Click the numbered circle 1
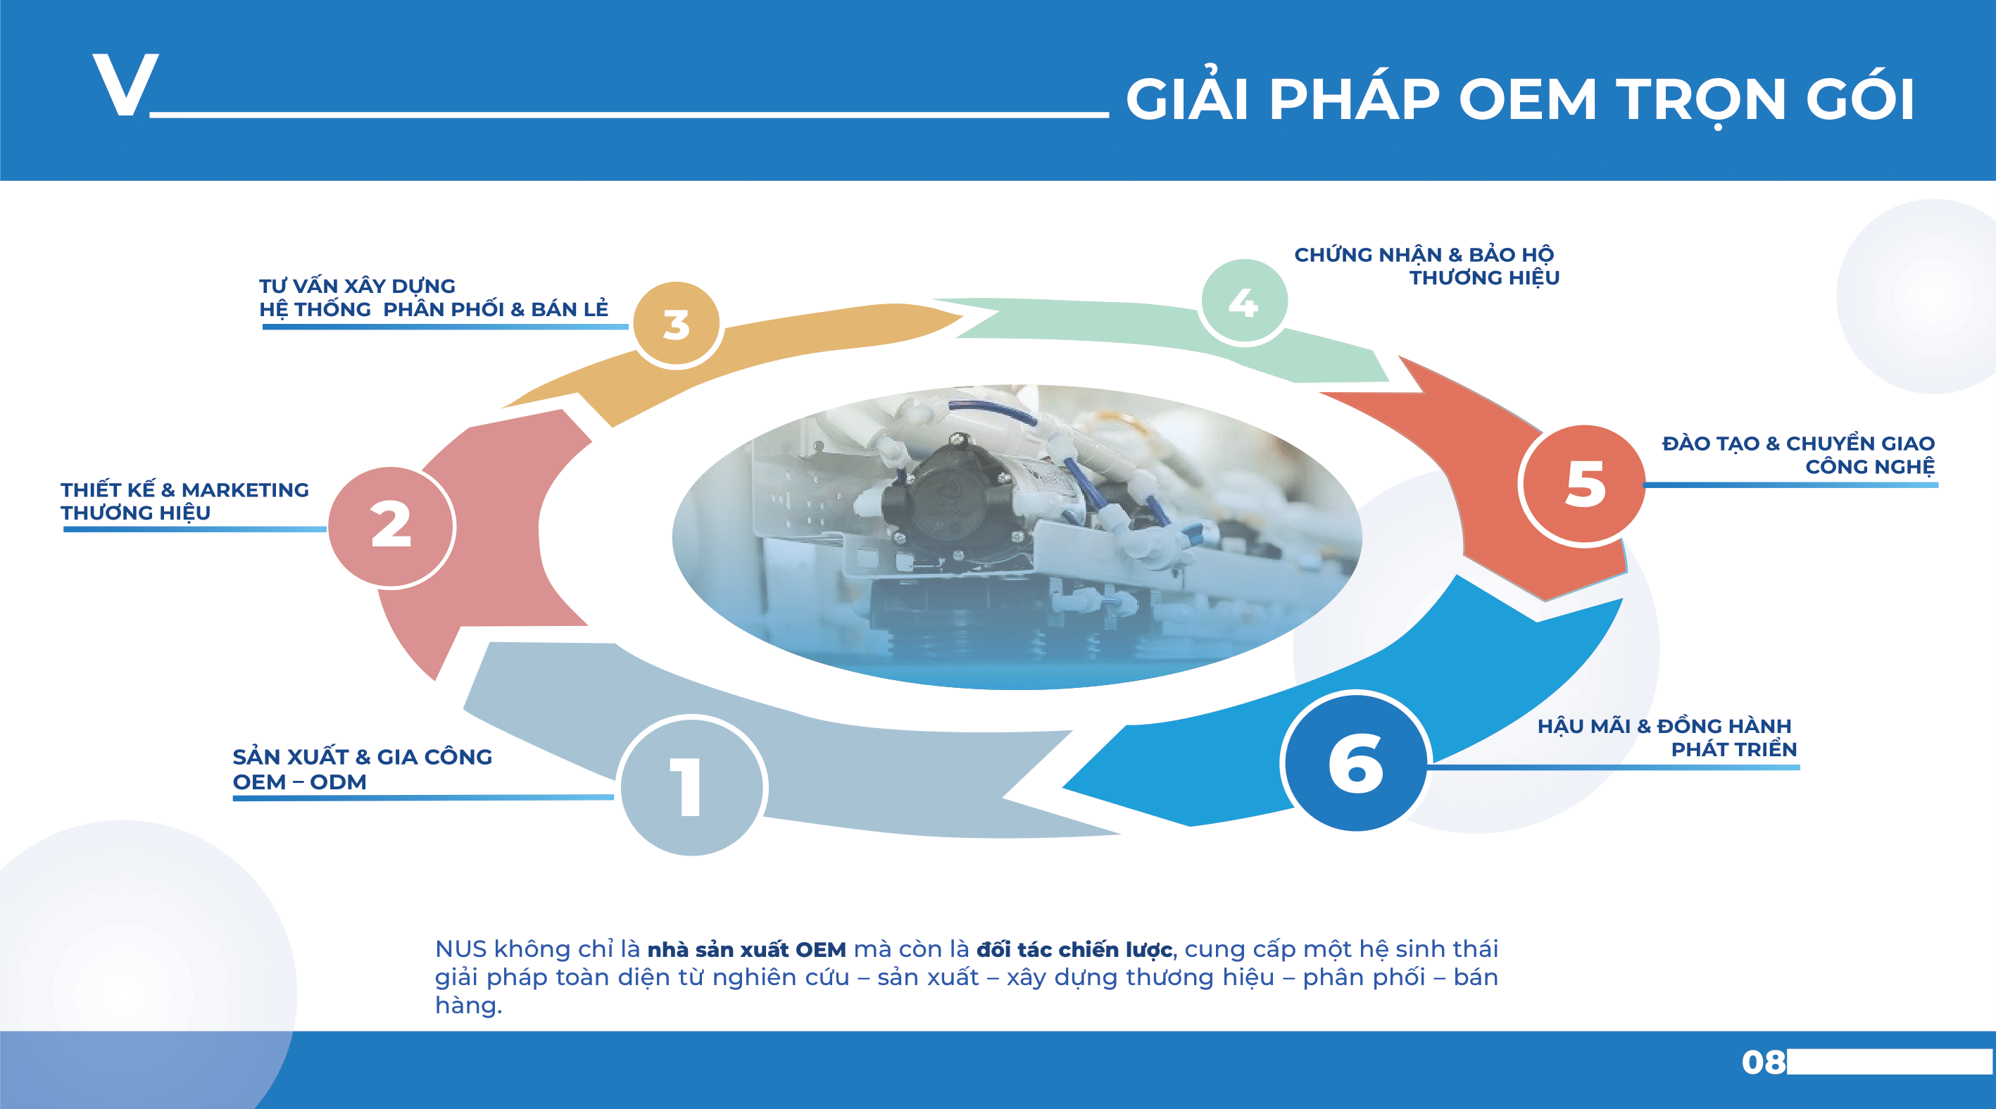(x=692, y=786)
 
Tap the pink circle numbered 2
(x=391, y=526)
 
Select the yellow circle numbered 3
(x=677, y=325)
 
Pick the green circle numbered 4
(x=1243, y=302)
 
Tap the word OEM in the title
(x=1527, y=100)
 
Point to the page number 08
(x=1763, y=1062)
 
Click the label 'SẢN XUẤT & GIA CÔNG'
(x=362, y=756)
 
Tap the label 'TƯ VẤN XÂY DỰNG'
(x=357, y=286)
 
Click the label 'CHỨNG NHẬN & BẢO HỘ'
(x=1424, y=254)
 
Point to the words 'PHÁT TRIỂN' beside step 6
(x=1733, y=749)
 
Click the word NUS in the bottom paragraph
(x=460, y=948)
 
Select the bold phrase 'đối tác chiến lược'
(x=1073, y=949)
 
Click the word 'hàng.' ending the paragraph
(x=468, y=1005)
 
